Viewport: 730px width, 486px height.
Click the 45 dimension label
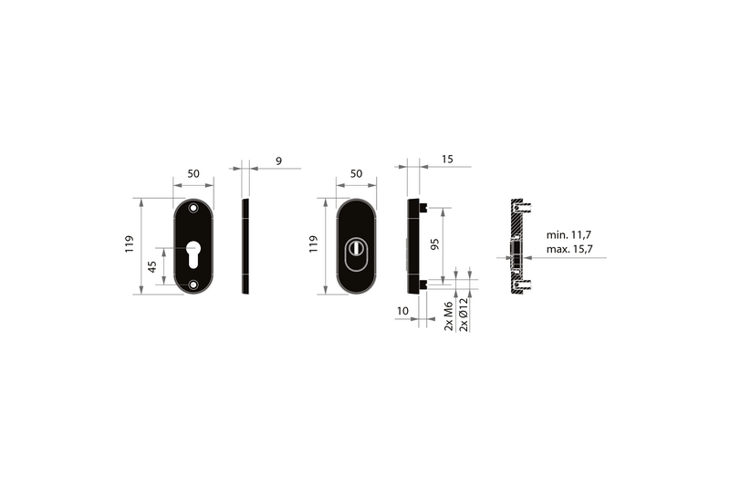pyautogui.click(x=152, y=266)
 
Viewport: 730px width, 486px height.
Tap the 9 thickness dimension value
pyautogui.click(x=278, y=160)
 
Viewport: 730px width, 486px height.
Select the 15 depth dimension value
pyautogui.click(x=447, y=159)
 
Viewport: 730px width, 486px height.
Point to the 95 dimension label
pyautogui.click(x=435, y=244)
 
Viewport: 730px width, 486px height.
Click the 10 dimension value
pyautogui.click(x=402, y=311)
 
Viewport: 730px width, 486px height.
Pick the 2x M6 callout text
pyautogui.click(x=448, y=316)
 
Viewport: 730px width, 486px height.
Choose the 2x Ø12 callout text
pyautogui.click(x=464, y=315)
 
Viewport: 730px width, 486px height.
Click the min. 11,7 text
pyautogui.click(x=568, y=235)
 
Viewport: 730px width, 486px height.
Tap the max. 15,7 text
pyautogui.click(x=569, y=249)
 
